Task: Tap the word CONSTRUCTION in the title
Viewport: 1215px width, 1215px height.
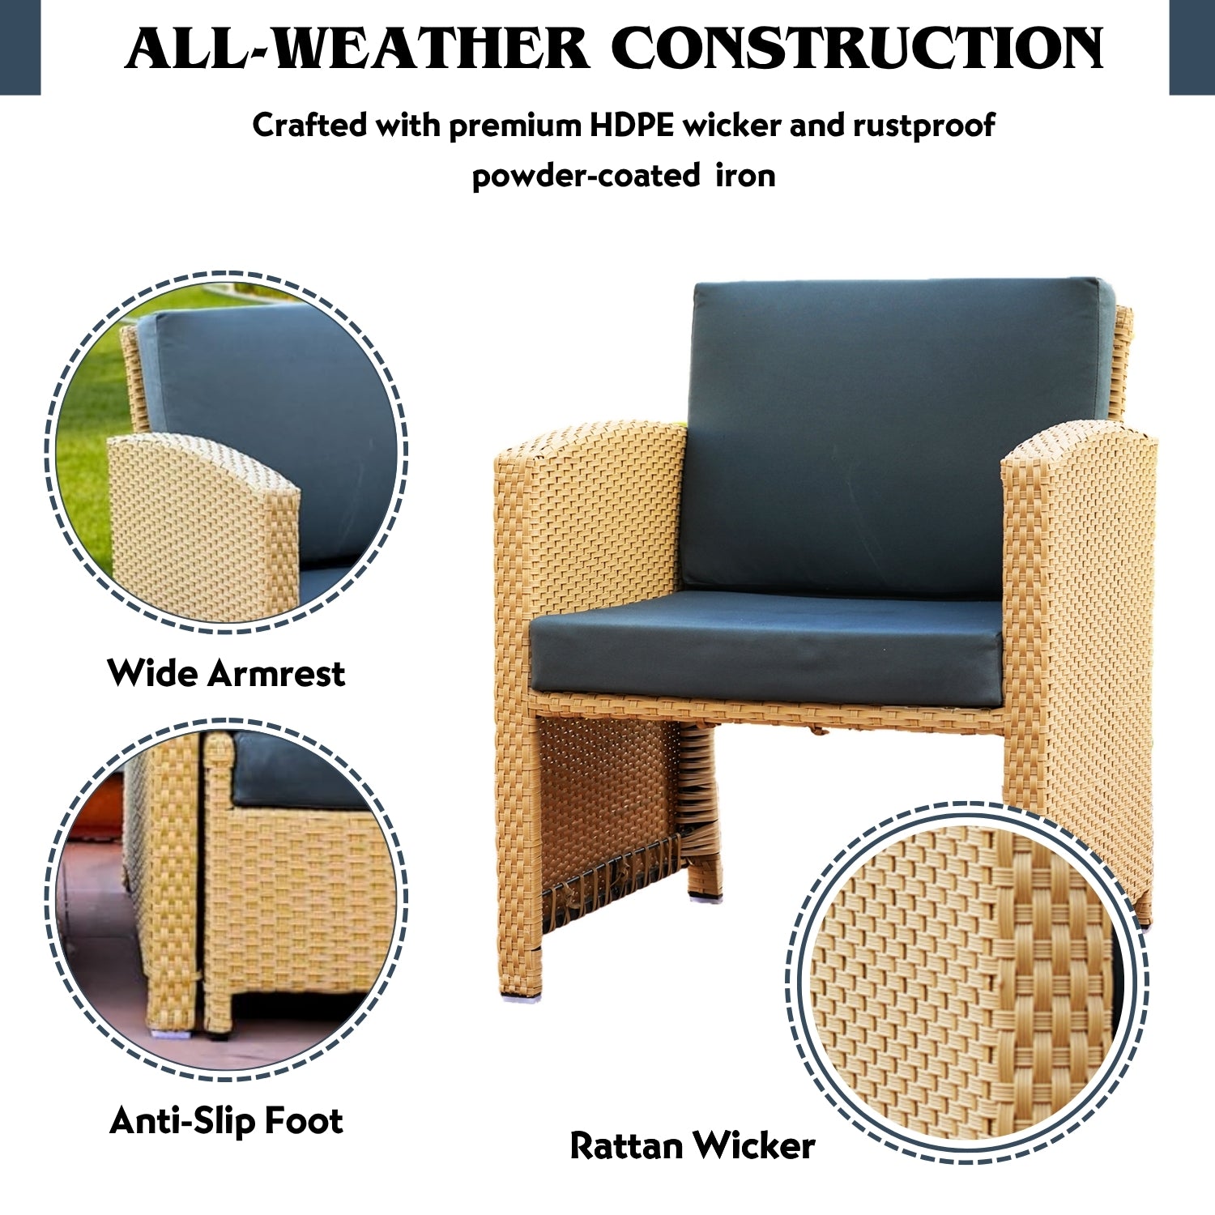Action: click(x=857, y=49)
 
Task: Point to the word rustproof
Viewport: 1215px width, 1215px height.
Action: click(x=923, y=126)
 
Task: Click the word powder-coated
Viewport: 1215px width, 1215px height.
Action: click(x=586, y=176)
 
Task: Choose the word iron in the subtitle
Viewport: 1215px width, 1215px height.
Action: click(x=745, y=176)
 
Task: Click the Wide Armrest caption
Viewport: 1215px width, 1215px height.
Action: click(x=226, y=673)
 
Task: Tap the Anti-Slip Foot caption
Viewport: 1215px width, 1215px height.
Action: click(x=226, y=1121)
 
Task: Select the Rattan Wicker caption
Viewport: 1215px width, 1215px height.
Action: click(x=692, y=1146)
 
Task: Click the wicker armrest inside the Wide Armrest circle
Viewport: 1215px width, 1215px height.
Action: click(x=202, y=526)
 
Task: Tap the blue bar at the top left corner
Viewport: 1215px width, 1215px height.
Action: click(x=19, y=47)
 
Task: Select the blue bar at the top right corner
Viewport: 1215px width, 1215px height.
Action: click(x=1192, y=47)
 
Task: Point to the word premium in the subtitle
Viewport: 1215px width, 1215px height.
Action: click(x=515, y=126)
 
